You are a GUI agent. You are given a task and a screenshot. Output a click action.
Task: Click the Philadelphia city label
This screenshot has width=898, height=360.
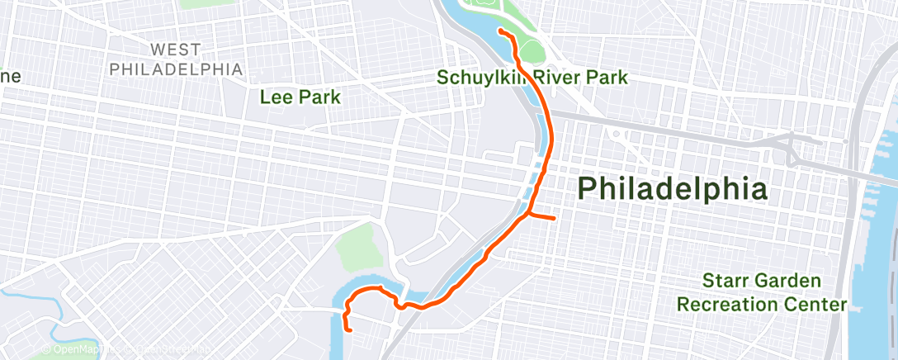[673, 189]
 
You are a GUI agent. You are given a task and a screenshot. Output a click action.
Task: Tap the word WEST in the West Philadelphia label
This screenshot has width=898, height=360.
[176, 50]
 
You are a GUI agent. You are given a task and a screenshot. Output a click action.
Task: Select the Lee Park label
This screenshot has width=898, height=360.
[300, 97]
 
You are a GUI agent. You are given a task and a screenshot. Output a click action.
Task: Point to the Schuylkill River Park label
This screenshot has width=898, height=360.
[533, 78]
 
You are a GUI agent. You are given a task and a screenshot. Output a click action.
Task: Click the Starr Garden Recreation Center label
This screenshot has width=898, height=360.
[762, 292]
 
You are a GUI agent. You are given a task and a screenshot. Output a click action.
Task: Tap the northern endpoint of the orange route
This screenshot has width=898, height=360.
[501, 31]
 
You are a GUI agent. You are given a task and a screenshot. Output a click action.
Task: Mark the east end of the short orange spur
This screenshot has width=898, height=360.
[555, 219]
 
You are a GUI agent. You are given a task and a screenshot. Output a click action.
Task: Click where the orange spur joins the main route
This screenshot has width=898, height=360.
[527, 215]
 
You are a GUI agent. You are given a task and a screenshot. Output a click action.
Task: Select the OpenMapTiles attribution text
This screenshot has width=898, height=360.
[79, 350]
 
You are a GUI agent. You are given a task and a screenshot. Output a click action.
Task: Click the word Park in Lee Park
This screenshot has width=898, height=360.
[322, 97]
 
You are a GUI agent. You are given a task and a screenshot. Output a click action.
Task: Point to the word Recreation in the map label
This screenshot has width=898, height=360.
[727, 305]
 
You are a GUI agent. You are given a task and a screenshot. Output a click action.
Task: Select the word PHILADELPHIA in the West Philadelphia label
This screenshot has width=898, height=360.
[176, 69]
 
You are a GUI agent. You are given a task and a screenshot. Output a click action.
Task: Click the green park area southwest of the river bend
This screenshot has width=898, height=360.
[359, 247]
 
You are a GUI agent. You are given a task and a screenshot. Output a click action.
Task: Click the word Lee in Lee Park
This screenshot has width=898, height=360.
[275, 97]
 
